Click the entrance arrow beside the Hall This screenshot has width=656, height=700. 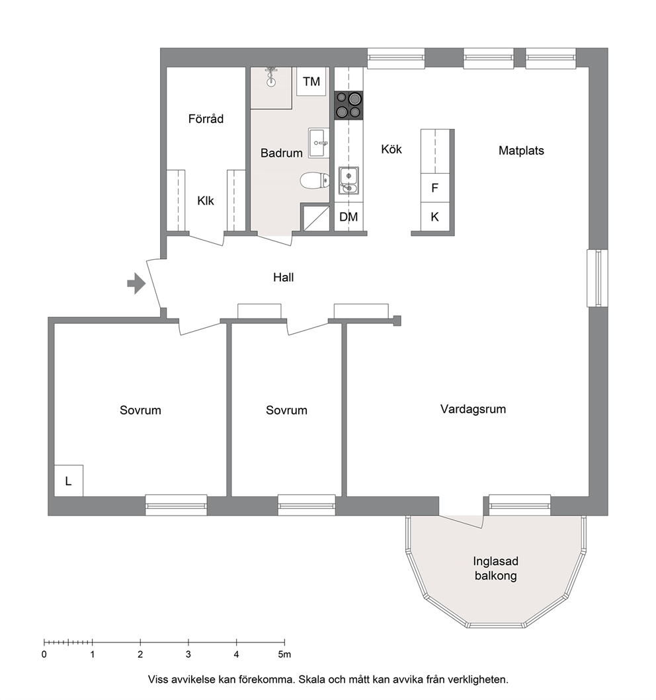(x=137, y=284)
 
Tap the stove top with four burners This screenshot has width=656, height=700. (x=348, y=105)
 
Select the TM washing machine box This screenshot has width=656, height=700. (x=311, y=81)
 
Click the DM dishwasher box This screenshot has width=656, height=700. (x=348, y=217)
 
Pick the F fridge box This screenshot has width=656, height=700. (x=435, y=188)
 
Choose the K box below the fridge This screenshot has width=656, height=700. (x=435, y=217)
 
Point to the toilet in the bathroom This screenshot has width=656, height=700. (x=315, y=181)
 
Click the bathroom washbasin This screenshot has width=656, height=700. (x=319, y=143)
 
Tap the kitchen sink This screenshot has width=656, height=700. (x=348, y=180)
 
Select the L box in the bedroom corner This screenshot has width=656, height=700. (x=68, y=481)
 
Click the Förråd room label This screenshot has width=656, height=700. (x=206, y=119)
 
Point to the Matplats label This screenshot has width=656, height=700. (x=521, y=151)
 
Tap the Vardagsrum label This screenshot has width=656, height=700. (x=473, y=409)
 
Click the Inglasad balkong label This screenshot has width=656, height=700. (x=496, y=568)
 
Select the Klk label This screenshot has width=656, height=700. (x=206, y=201)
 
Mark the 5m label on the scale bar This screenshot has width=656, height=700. (x=284, y=654)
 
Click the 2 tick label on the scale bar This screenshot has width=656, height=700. (x=140, y=654)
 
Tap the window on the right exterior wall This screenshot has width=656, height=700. (x=597, y=278)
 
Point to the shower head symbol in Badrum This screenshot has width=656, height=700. (x=270, y=77)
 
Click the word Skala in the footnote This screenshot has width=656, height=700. (x=311, y=680)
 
